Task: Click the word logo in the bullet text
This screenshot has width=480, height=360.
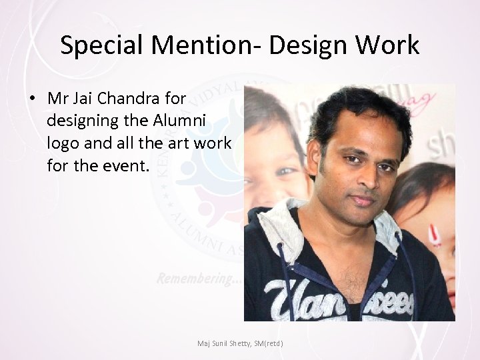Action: [62, 143]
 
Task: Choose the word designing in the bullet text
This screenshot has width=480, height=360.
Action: [84, 121]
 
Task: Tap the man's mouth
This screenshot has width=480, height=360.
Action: [362, 199]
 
